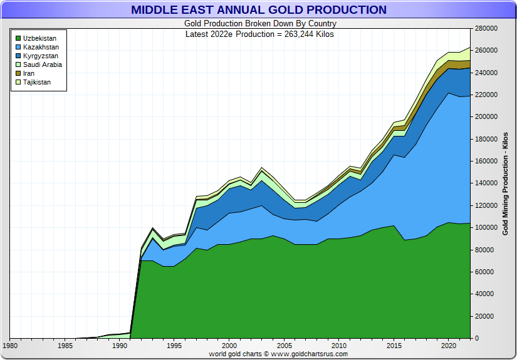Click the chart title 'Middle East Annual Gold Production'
click(259, 10)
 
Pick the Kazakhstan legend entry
click(40, 47)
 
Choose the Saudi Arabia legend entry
click(42, 64)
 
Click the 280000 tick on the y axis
click(486, 28)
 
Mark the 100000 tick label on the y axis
click(486, 228)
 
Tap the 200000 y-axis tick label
click(486, 117)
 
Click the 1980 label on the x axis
click(11, 346)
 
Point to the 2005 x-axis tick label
click(285, 346)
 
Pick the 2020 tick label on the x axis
click(448, 346)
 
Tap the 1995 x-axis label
click(175, 346)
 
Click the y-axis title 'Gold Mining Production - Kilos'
click(505, 183)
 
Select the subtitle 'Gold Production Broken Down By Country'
click(259, 24)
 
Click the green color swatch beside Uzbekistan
click(18, 38)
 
